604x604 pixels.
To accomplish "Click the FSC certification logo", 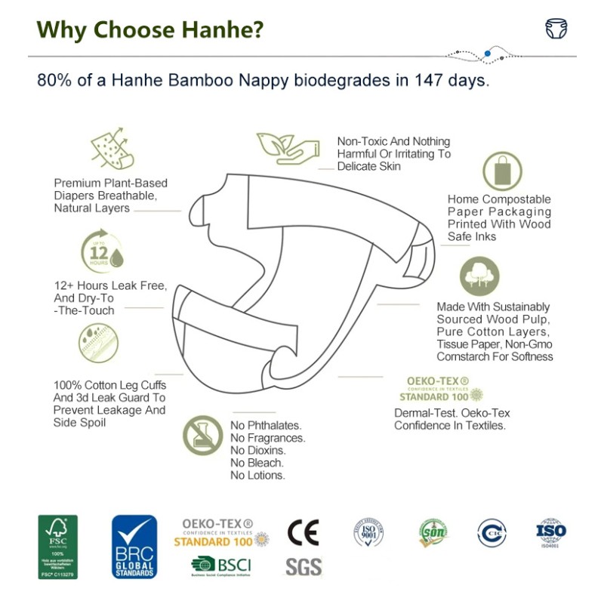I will click(x=58, y=547).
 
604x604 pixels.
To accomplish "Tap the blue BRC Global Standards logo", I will click(x=134, y=547).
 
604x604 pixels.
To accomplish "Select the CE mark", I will click(x=303, y=532).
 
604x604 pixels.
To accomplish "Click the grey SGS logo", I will click(x=304, y=566).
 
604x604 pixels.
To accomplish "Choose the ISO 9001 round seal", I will click(x=369, y=533).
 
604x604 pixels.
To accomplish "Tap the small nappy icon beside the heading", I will click(x=556, y=29).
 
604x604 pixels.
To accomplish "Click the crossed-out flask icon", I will click(x=202, y=435).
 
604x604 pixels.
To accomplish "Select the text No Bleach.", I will click(x=257, y=462).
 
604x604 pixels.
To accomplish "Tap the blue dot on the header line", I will click(x=488, y=53).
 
